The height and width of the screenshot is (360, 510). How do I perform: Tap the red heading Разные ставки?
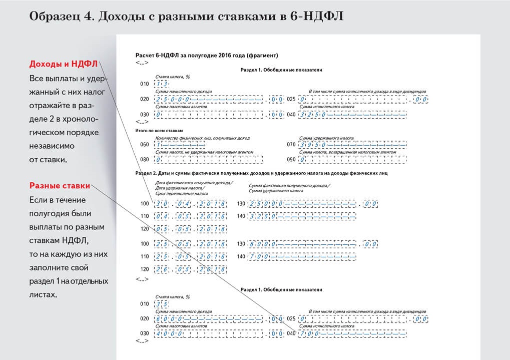pyautogui.click(x=60, y=186)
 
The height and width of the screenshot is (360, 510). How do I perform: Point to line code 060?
pyautogui.click(x=145, y=145)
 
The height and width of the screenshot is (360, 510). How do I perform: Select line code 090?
pyautogui.click(x=291, y=160)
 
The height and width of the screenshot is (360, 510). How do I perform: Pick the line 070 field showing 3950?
pyautogui.click(x=353, y=145)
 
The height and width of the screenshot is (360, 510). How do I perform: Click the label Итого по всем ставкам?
pyautogui.click(x=158, y=130)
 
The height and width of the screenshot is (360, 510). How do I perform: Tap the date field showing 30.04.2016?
pyautogui.click(x=191, y=204)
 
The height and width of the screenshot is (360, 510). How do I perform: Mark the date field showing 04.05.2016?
pyautogui.click(x=191, y=216)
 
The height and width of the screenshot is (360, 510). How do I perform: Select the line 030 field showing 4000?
pyautogui.click(x=210, y=333)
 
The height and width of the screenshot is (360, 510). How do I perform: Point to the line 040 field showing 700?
pyautogui.click(x=353, y=333)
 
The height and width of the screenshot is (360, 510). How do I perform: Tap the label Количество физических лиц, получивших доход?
pyautogui.click(x=202, y=138)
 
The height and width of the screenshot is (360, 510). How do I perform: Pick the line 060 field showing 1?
pyautogui.click(x=180, y=145)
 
